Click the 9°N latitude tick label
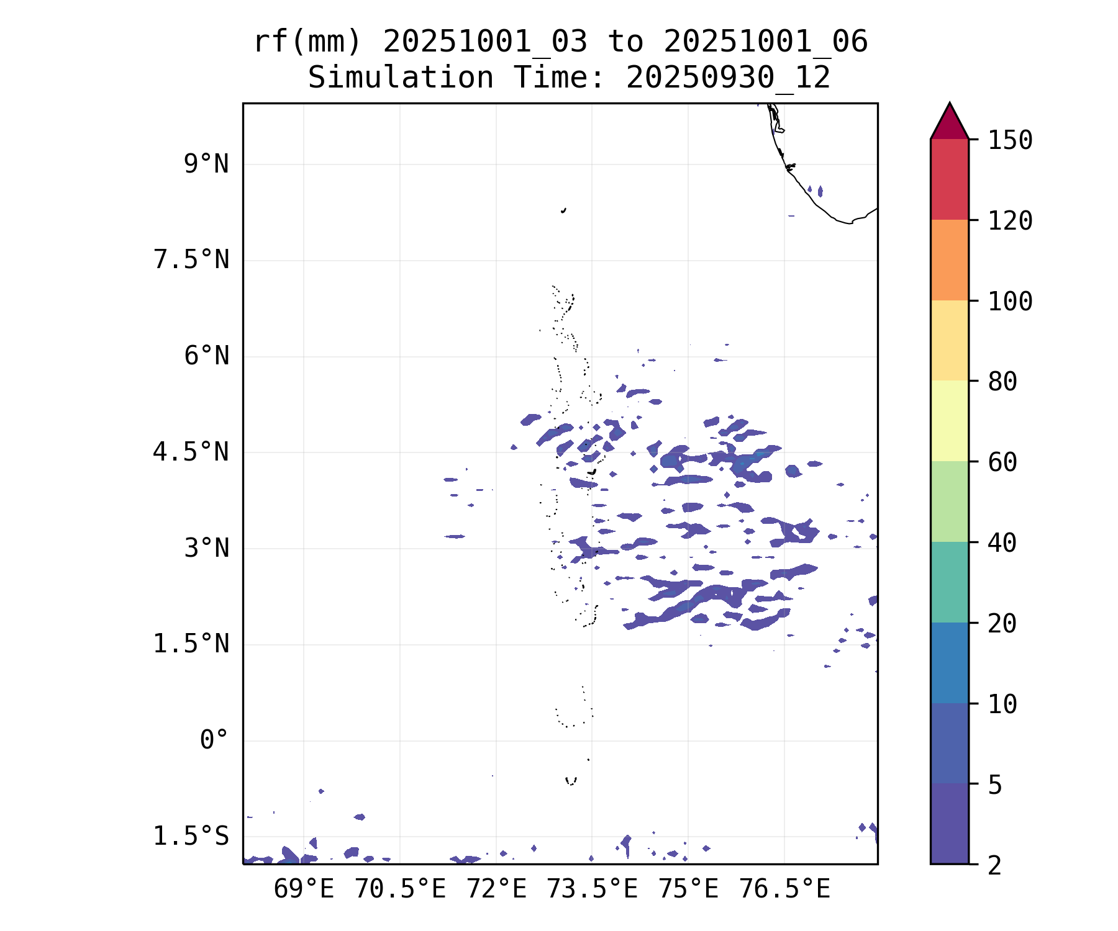(x=206, y=164)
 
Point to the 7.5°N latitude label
(x=191, y=260)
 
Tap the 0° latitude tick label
(x=214, y=740)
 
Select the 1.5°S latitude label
(x=191, y=836)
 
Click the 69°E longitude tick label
(x=304, y=889)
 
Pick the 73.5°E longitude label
(x=591, y=889)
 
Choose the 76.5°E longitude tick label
(x=784, y=889)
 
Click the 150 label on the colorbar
(x=1010, y=140)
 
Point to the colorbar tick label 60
(x=1002, y=462)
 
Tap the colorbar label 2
(x=995, y=865)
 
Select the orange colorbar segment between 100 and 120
(x=949, y=260)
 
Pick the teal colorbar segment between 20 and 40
(x=949, y=582)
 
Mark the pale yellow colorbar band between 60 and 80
(x=949, y=421)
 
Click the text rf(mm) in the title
(x=307, y=42)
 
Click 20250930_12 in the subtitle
(x=728, y=78)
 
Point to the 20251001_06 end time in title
(x=765, y=42)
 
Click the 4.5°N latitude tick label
(x=191, y=452)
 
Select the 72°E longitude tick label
(x=496, y=889)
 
